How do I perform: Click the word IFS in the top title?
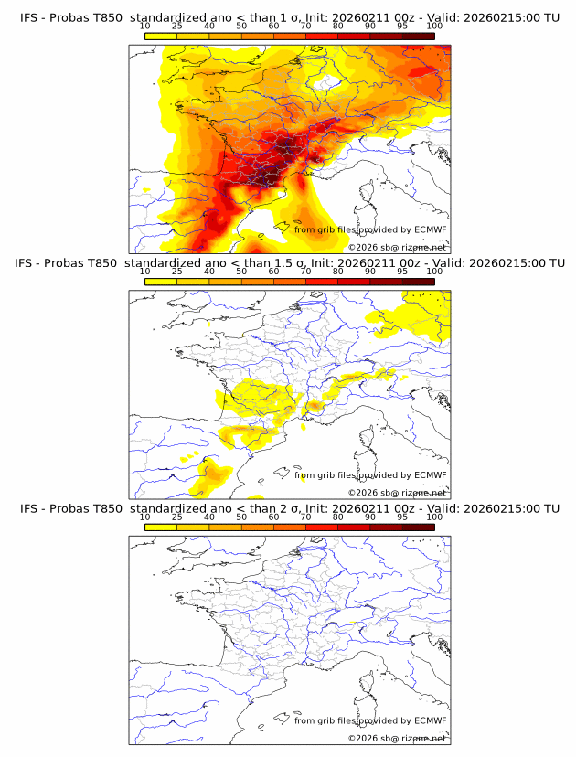point(29,17)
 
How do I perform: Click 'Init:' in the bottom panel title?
point(325,508)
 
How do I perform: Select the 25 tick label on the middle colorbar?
point(177,272)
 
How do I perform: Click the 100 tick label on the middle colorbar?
point(434,272)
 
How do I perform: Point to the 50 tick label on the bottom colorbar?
point(241,517)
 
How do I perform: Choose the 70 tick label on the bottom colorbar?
point(305,517)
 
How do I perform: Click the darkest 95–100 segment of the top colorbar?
point(418,36)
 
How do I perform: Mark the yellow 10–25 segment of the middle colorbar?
point(161,282)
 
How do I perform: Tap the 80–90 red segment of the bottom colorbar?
point(354,528)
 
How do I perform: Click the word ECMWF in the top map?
point(431,229)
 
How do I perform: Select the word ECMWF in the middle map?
point(431,474)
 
